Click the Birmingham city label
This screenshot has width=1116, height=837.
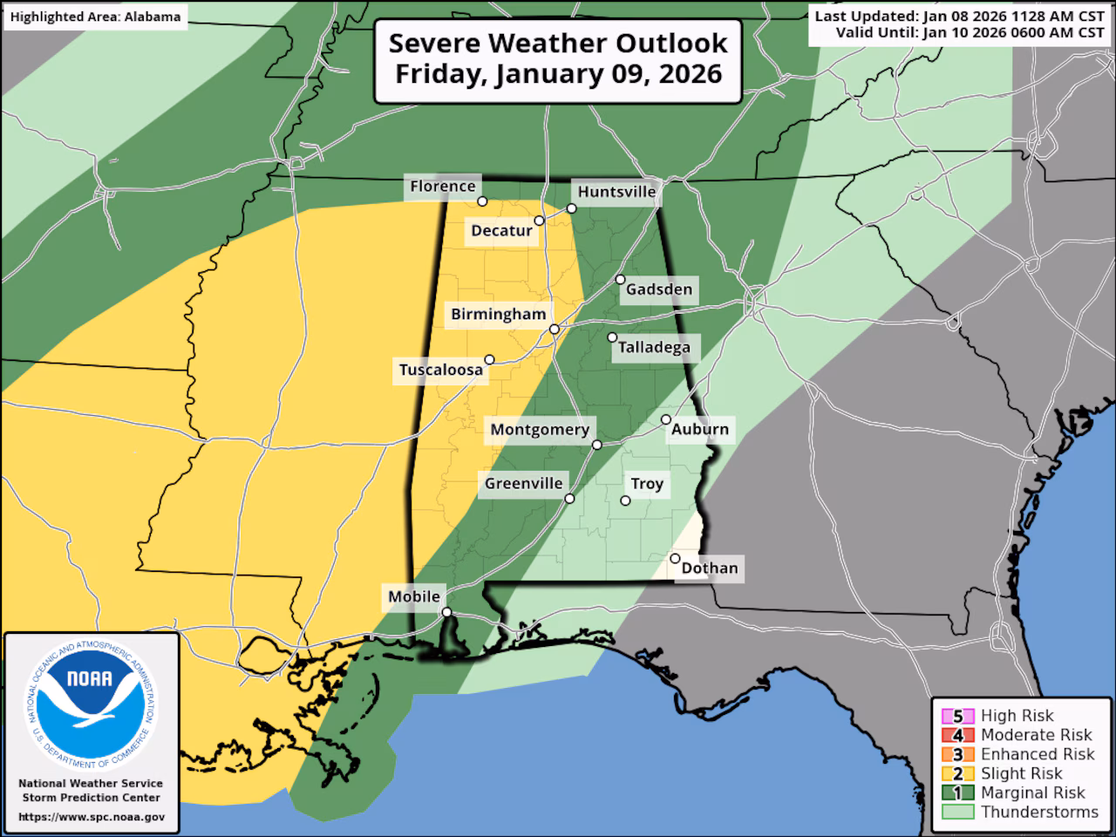pyautogui.click(x=498, y=315)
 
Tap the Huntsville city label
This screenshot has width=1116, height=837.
pyautogui.click(x=616, y=192)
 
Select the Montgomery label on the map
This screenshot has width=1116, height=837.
pyautogui.click(x=540, y=429)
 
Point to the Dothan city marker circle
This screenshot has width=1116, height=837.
pyautogui.click(x=676, y=558)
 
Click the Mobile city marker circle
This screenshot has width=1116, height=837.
pyautogui.click(x=446, y=613)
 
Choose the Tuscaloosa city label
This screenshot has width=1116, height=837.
pyautogui.click(x=440, y=370)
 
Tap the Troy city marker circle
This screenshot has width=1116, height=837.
pyautogui.click(x=625, y=500)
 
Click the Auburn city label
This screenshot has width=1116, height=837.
pyautogui.click(x=699, y=429)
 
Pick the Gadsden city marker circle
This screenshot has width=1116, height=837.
pyautogui.click(x=620, y=280)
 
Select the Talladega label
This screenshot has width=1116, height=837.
pyautogui.click(x=654, y=348)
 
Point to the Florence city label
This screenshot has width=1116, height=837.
pyautogui.click(x=443, y=186)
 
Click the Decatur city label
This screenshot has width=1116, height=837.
pyautogui.click(x=501, y=230)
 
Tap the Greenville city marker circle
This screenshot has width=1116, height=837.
pyautogui.click(x=569, y=499)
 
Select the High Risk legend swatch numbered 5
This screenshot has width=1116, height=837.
pyautogui.click(x=956, y=716)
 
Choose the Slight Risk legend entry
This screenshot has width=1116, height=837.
pyautogui.click(x=1021, y=773)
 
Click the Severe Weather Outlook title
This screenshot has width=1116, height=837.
pyautogui.click(x=558, y=43)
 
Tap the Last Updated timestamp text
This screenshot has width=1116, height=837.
pyautogui.click(x=959, y=17)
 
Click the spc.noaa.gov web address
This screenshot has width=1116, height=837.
pyautogui.click(x=91, y=817)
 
